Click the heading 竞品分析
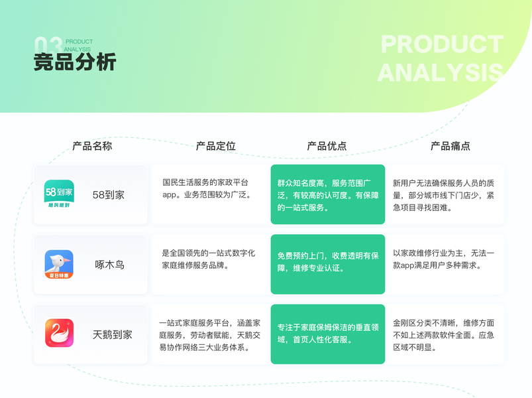click(x=75, y=62)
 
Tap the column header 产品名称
click(x=92, y=146)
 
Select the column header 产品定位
click(x=215, y=146)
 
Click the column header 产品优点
click(x=327, y=146)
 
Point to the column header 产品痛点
click(x=451, y=146)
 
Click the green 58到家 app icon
click(x=59, y=194)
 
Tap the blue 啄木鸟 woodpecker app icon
click(x=59, y=264)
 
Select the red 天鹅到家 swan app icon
click(x=59, y=334)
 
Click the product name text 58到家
click(x=109, y=195)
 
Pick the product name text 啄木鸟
click(x=110, y=265)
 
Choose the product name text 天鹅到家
click(x=113, y=334)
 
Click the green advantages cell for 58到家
click(x=327, y=194)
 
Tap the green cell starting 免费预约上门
click(x=327, y=264)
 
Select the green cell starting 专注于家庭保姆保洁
click(x=327, y=334)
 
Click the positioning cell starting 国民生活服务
click(x=211, y=194)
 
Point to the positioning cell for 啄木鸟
click(x=211, y=264)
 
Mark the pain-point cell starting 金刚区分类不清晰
click(x=445, y=334)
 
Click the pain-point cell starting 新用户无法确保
click(x=445, y=194)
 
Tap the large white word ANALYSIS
click(x=440, y=72)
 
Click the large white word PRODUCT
click(x=442, y=44)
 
